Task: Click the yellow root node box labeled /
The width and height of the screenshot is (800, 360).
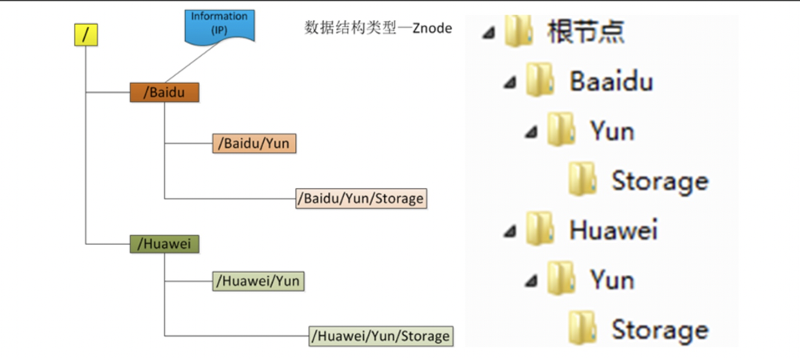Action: (86, 35)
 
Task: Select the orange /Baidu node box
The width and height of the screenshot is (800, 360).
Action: (164, 92)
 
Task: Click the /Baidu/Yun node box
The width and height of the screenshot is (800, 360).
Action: (254, 143)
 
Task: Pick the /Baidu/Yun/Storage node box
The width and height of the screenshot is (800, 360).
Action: (361, 198)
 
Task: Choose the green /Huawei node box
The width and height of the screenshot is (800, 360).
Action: (164, 244)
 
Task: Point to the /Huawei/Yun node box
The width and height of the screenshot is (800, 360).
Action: (258, 282)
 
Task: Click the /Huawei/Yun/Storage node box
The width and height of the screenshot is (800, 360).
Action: (381, 335)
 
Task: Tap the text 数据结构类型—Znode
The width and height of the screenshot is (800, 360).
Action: (378, 28)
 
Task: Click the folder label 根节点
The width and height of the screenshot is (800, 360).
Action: (586, 32)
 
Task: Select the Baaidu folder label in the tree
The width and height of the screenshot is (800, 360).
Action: (611, 81)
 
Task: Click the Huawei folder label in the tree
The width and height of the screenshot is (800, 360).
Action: (613, 230)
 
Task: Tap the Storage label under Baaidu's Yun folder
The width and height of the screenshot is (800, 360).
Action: (659, 181)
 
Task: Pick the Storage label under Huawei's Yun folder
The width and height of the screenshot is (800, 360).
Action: (659, 329)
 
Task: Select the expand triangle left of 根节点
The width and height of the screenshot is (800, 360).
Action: (489, 33)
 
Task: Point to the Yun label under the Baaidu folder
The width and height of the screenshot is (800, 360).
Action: (612, 130)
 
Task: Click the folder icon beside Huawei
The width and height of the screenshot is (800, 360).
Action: (541, 230)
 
